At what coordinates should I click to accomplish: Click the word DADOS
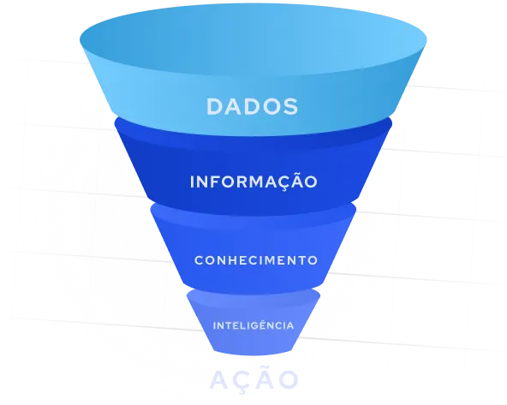(252, 106)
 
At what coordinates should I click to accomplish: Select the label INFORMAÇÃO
(254, 182)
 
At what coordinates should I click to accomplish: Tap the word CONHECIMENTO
(256, 260)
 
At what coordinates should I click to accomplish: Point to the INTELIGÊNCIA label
(254, 325)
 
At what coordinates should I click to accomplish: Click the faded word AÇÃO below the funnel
(254, 378)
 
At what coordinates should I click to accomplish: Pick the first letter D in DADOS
(216, 106)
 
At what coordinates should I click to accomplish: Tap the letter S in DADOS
(290, 106)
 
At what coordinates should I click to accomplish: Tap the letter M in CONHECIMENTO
(280, 260)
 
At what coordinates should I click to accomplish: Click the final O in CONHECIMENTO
(313, 260)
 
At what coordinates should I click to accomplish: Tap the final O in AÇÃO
(288, 378)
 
